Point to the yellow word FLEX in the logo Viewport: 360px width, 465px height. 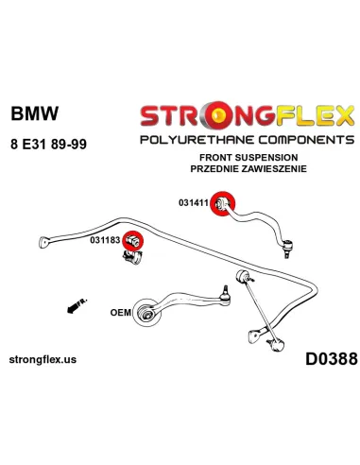click(307, 116)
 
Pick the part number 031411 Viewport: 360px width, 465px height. click(194, 202)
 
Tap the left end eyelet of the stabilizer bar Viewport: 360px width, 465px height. click(44, 239)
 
